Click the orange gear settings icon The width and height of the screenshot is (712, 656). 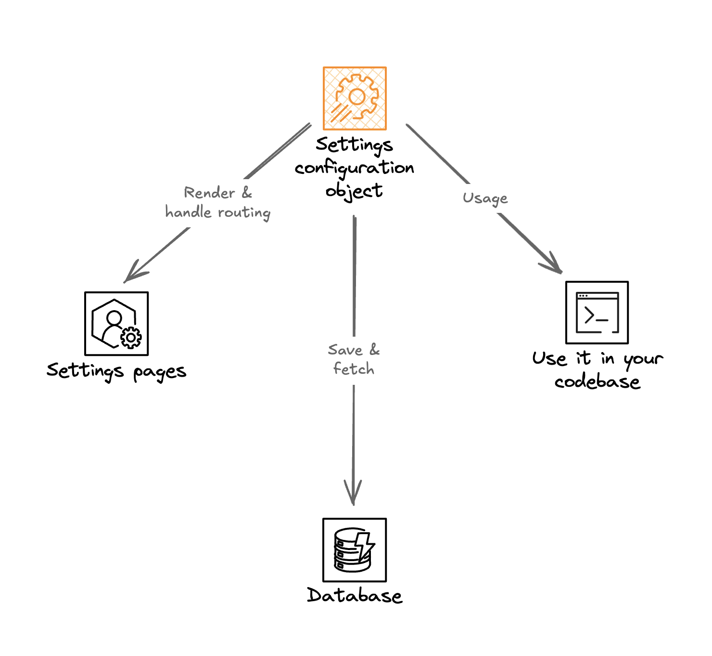(x=355, y=98)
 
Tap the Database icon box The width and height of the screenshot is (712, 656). (x=355, y=550)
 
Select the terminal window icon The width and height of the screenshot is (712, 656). (x=597, y=313)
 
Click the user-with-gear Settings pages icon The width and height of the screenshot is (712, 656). (x=116, y=324)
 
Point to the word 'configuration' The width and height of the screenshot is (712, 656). (x=355, y=168)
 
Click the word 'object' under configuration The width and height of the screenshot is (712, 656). (x=354, y=191)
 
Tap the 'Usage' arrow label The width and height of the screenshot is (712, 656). (x=485, y=198)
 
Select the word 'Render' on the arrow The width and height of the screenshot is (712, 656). (x=209, y=193)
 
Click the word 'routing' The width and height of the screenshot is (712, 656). (x=244, y=212)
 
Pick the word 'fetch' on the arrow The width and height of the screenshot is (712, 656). (x=354, y=369)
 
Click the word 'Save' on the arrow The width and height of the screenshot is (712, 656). (x=345, y=350)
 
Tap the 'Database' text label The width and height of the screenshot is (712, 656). (x=355, y=596)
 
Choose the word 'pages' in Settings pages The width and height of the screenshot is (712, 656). (x=160, y=372)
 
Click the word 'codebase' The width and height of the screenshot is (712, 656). (x=597, y=382)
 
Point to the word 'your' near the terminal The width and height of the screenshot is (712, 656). (x=643, y=359)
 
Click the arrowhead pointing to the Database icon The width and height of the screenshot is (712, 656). (x=353, y=496)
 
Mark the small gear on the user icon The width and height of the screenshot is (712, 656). (x=131, y=338)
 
